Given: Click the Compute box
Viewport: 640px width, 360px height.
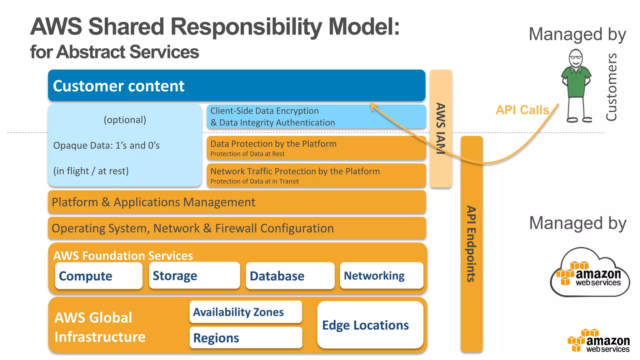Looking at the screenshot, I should tap(98, 276).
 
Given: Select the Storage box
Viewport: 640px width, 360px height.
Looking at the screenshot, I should tap(194, 276).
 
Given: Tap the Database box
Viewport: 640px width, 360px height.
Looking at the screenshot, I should tap(290, 276).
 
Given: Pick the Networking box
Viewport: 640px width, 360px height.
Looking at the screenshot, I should tap(381, 276).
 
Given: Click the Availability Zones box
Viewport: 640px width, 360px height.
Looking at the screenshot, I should tap(246, 312).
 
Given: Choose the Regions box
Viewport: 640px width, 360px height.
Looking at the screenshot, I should tap(246, 338).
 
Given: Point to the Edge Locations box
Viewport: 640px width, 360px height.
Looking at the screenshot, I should tap(370, 325).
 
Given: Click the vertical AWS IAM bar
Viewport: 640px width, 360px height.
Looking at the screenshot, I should tap(441, 128).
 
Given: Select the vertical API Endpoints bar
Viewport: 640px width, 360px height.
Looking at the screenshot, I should tap(471, 244).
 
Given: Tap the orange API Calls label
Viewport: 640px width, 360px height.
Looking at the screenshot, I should tap(522, 110).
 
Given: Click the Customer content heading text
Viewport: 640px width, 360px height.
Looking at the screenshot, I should tap(119, 86).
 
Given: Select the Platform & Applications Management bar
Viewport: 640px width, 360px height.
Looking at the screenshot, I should tap(237, 202).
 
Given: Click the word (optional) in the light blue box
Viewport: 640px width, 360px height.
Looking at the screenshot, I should tap(125, 120).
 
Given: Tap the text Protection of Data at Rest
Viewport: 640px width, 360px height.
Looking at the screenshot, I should tap(247, 154).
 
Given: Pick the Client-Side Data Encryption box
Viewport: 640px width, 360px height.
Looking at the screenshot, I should tap(316, 117).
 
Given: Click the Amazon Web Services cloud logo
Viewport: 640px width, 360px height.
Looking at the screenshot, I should tap(590, 272).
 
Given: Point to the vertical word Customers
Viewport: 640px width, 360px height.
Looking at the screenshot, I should tap(611, 87).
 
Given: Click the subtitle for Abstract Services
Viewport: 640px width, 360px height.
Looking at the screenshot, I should tap(114, 52).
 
